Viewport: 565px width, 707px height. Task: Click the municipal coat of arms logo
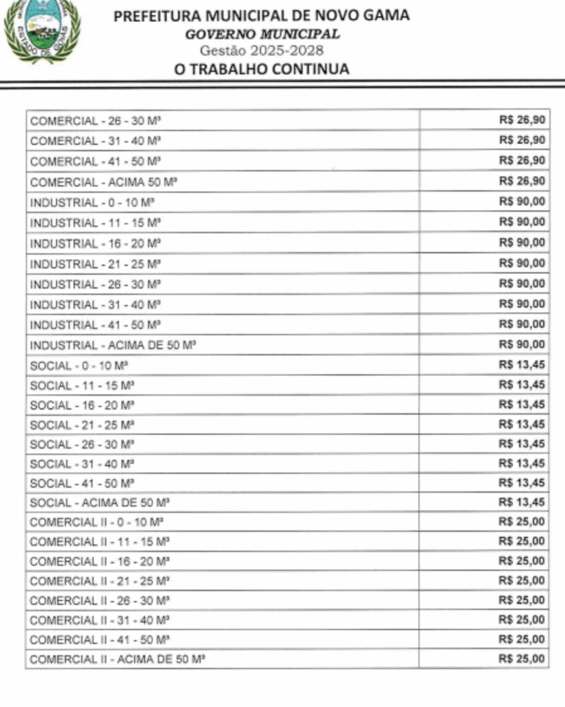[x=42, y=30]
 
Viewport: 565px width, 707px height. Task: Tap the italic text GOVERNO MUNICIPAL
[x=262, y=35]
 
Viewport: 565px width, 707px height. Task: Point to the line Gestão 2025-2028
[x=261, y=50]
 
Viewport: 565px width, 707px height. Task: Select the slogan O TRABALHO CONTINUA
[x=261, y=68]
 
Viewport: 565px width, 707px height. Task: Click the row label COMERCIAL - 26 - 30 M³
[x=95, y=121]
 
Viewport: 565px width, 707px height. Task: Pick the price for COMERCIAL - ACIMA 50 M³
[x=522, y=181]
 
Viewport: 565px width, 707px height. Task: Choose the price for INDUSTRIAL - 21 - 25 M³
[x=522, y=263]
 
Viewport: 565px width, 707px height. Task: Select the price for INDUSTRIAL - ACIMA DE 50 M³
[x=522, y=345]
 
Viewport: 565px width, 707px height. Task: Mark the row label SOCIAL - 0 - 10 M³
[x=80, y=365]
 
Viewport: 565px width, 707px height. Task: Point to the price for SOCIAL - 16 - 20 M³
[x=522, y=404]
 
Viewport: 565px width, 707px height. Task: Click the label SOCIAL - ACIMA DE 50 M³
[x=100, y=502]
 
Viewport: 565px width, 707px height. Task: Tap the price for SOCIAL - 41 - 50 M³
[x=522, y=483]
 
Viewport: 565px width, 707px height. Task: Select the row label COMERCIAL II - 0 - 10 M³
[x=97, y=522]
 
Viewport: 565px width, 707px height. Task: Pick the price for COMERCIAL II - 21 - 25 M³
[x=522, y=580]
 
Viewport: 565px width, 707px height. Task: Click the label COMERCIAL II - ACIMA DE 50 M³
[x=117, y=659]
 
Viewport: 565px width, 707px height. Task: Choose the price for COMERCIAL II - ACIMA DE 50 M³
[x=522, y=659]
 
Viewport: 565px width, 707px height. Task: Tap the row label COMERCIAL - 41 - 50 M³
[x=95, y=162]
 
